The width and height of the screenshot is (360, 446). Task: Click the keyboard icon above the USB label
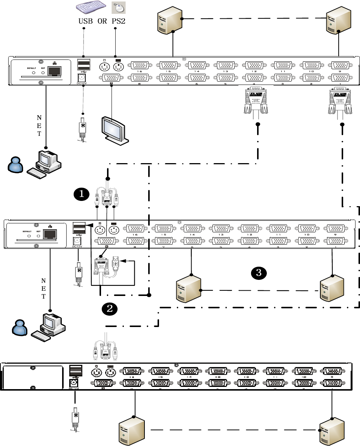[x=90, y=8]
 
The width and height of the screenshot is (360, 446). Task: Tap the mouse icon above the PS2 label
[x=119, y=8]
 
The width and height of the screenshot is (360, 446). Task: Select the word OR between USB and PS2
[x=102, y=21]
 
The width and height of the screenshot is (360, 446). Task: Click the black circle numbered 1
[x=82, y=193]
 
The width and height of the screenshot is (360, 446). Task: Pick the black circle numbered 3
[x=259, y=273]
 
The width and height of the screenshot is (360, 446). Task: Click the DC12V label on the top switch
[x=81, y=84]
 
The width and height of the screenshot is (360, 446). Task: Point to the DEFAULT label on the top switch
[x=31, y=68]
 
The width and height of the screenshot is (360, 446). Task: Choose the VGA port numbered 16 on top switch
[x=140, y=65]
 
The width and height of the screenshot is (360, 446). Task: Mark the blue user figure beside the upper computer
[x=16, y=164]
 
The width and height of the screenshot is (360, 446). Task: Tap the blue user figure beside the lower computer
[x=19, y=328]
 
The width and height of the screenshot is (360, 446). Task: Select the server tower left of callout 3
[x=189, y=288]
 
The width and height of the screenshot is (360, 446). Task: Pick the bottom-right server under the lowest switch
[x=331, y=431]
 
